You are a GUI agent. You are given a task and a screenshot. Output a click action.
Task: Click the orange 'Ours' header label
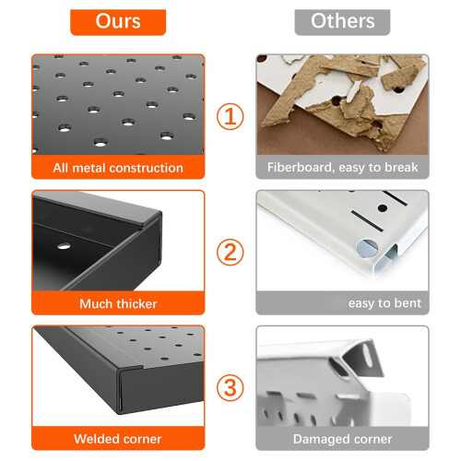[118, 22]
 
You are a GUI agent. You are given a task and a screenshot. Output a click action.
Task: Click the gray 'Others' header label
[342, 22]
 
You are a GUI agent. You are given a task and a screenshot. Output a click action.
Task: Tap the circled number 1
[230, 117]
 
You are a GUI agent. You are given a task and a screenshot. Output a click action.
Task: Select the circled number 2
[230, 253]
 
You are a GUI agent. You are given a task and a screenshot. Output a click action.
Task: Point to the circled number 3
[230, 387]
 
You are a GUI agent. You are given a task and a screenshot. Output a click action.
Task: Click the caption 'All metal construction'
[118, 168]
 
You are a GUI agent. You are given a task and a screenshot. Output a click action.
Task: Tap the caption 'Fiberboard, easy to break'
[342, 168]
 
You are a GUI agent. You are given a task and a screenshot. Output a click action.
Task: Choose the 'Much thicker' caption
[118, 303]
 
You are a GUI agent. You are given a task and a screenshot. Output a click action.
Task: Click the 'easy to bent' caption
[384, 303]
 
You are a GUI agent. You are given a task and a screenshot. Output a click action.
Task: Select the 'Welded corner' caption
[118, 439]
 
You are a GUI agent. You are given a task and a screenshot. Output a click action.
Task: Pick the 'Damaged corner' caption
[342, 439]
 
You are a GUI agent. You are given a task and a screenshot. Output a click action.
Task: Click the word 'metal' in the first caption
[89, 168]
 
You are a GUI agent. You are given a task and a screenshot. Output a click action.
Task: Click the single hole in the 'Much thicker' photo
[64, 246]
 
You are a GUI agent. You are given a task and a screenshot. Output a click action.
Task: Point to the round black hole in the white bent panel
[382, 208]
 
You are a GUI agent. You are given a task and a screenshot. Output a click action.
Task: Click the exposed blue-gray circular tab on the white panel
[367, 248]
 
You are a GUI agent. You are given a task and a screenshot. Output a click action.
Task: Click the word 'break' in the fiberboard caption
[401, 168]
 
